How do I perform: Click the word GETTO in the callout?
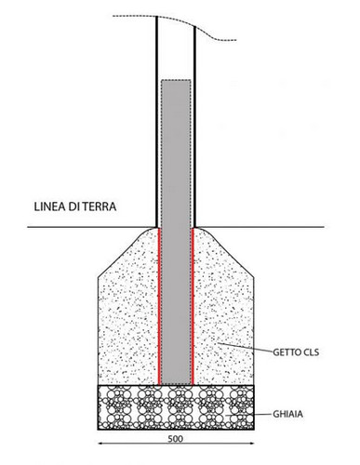[x=287, y=352]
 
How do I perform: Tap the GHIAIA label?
[x=287, y=414]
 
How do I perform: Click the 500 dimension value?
[x=176, y=439]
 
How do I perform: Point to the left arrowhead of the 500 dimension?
[x=100, y=444]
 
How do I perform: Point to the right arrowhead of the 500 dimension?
[x=251, y=444]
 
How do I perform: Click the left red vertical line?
[x=159, y=306]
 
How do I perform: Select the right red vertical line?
[x=193, y=306]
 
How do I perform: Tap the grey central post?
[x=176, y=232]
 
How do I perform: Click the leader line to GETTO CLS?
[x=245, y=347]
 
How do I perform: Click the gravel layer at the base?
[x=176, y=407]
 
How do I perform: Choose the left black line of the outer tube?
[x=157, y=122]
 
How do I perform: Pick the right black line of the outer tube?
[x=194, y=126]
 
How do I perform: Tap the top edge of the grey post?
[x=176, y=80]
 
